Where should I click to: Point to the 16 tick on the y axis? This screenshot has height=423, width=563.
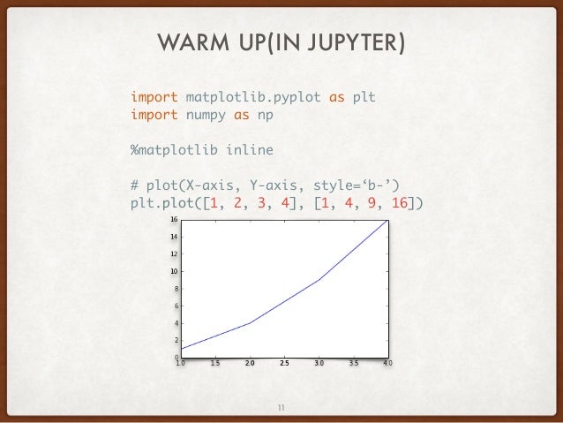pyautogui.click(x=174, y=220)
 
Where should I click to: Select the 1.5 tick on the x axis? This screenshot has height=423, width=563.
pyautogui.click(x=215, y=362)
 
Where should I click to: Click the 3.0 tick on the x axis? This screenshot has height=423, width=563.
pyautogui.click(x=319, y=362)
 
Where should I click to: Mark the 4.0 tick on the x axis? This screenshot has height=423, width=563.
pyautogui.click(x=387, y=362)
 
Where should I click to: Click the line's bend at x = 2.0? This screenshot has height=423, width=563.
pyautogui.click(x=250, y=323)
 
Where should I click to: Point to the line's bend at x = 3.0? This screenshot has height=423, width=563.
pyautogui.click(x=319, y=280)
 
